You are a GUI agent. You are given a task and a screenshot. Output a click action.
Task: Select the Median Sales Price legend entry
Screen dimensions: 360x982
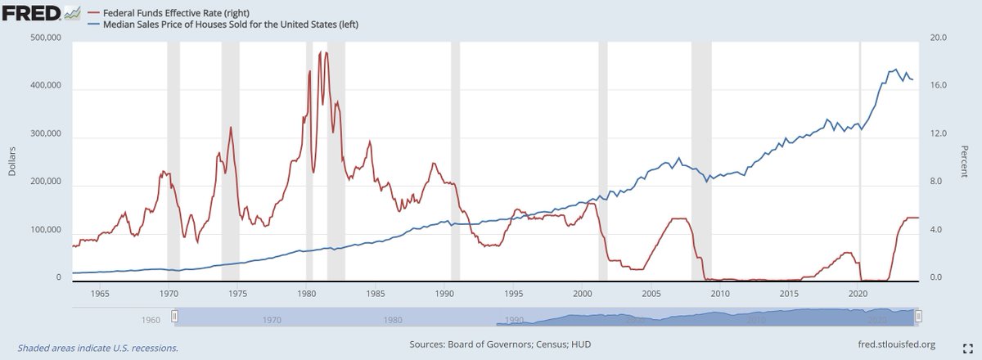(229, 25)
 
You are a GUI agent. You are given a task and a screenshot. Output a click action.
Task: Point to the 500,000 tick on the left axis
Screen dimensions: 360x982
(45, 38)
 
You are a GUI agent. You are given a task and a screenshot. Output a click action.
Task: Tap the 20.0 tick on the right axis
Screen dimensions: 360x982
(938, 38)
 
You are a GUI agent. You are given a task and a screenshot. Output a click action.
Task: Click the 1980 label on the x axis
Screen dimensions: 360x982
(306, 293)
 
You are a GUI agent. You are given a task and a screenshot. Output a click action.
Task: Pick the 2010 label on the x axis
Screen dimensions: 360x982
(720, 293)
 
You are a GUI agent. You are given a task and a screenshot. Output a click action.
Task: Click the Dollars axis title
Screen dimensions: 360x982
(11, 160)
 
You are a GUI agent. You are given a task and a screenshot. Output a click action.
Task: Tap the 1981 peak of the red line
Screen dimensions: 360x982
(326, 52)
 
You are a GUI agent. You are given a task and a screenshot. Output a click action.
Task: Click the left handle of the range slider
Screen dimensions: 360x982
(174, 317)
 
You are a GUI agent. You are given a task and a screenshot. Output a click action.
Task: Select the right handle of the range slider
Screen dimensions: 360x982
(919, 317)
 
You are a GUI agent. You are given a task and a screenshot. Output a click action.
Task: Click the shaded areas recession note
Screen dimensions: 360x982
(92, 348)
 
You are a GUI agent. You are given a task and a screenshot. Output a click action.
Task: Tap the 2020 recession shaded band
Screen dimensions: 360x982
(860, 164)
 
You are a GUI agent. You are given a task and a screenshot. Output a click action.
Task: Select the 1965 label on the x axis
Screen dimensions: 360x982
(100, 293)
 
